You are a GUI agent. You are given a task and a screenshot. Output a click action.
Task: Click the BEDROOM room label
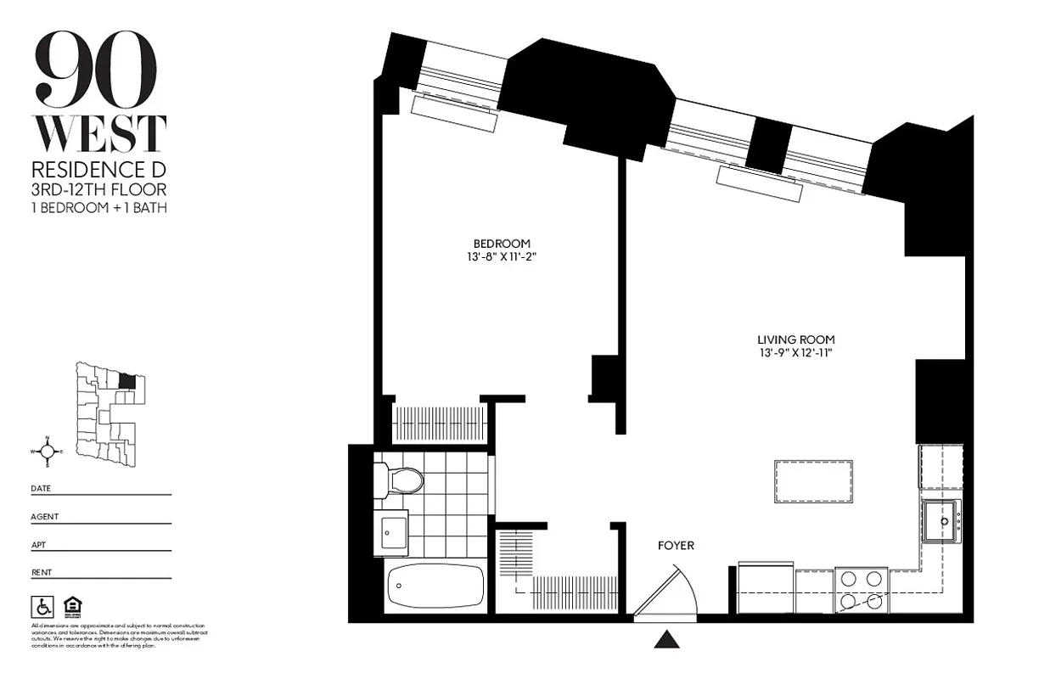pyautogui.click(x=503, y=244)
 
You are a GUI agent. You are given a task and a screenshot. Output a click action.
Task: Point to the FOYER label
pyautogui.click(x=676, y=546)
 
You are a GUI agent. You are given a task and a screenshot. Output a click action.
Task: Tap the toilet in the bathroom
pyautogui.click(x=400, y=481)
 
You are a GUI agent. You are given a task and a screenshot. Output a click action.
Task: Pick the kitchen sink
pyautogui.click(x=942, y=519)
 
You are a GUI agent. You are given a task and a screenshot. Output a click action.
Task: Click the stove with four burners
pyautogui.click(x=861, y=589)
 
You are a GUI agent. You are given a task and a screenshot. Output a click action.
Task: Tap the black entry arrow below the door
pyautogui.click(x=667, y=639)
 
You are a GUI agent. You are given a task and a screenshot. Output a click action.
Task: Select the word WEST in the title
pyautogui.click(x=99, y=134)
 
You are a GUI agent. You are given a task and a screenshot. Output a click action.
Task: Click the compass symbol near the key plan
pyautogui.click(x=48, y=451)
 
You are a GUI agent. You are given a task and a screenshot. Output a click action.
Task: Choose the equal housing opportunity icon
pyautogui.click(x=71, y=607)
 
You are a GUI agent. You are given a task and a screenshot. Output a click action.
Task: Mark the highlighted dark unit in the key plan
pyautogui.click(x=126, y=381)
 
